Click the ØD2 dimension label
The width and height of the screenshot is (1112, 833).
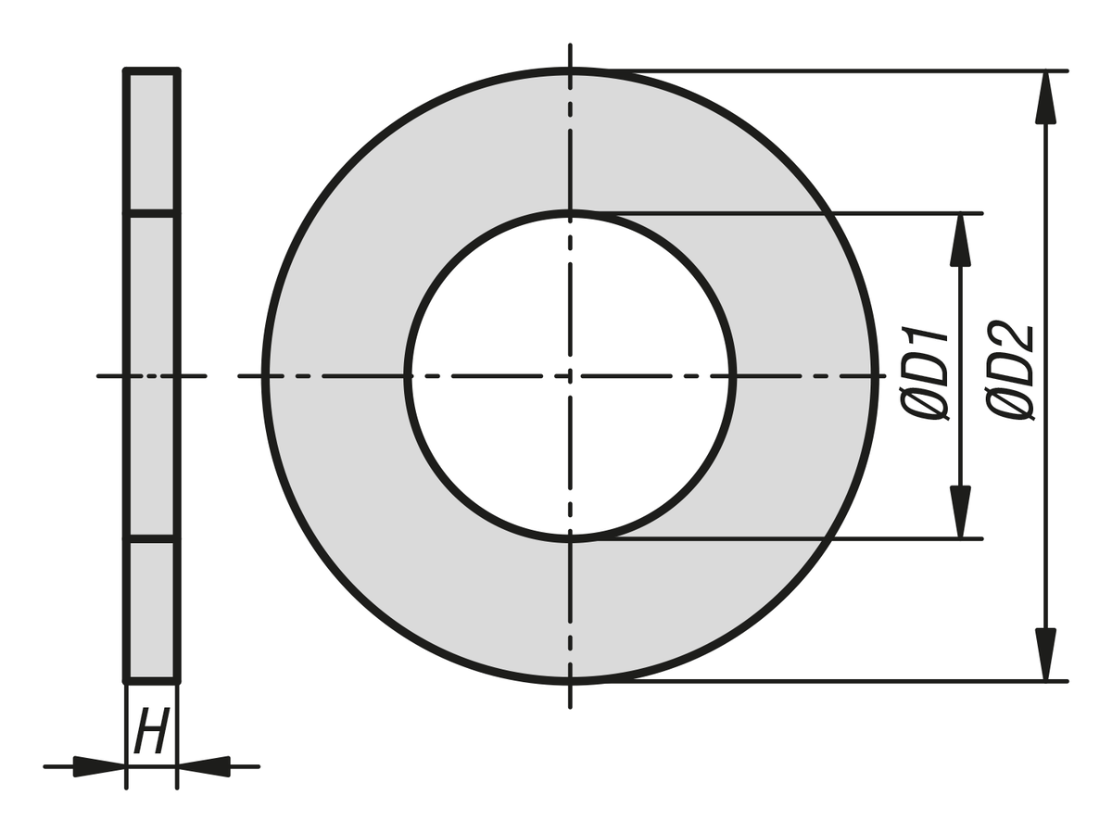pos(1011,372)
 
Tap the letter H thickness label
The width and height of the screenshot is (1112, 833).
pos(151,731)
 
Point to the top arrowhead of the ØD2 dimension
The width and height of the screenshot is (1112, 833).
pos(1046,97)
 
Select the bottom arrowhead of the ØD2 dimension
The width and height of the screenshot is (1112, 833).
pos(1046,654)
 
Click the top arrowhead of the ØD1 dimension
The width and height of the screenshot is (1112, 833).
pos(961,240)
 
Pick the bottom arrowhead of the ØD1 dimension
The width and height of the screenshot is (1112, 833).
pos(961,511)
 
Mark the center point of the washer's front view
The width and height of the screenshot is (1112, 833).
pos(570,376)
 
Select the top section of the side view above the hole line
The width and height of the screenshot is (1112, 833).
pos(151,142)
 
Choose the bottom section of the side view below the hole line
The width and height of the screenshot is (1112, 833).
pos(151,610)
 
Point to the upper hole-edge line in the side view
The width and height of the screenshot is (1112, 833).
pos(151,214)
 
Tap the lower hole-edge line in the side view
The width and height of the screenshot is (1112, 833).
pos(151,537)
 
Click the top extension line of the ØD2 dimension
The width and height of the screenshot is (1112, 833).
pos(834,70)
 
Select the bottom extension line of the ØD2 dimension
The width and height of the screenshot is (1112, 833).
pos(834,682)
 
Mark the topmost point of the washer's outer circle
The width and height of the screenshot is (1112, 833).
pos(570,70)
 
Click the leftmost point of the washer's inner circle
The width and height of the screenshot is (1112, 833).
pos(408,376)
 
